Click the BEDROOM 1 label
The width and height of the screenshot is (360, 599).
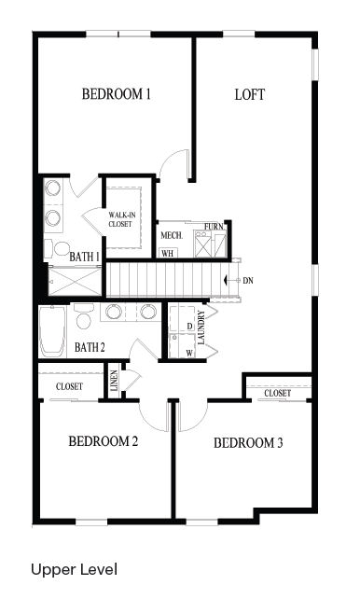(x=116, y=94)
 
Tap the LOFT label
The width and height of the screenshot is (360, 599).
(x=250, y=95)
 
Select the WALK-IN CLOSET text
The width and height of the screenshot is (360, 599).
(x=122, y=219)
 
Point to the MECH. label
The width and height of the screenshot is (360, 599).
(x=172, y=236)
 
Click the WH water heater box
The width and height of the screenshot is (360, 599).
(x=167, y=253)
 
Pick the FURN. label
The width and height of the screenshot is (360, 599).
(x=214, y=227)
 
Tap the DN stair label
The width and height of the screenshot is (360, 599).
(x=248, y=281)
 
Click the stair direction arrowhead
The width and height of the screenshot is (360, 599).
(x=226, y=281)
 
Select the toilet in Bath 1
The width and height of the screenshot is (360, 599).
(x=57, y=249)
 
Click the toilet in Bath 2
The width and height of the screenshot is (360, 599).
(x=83, y=315)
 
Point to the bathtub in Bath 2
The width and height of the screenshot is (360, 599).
(x=52, y=331)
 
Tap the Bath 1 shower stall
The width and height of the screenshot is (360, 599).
(x=76, y=282)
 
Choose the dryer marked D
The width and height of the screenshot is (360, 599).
(x=182, y=318)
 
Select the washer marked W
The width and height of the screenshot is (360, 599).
(x=182, y=346)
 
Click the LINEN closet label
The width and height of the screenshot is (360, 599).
(x=114, y=381)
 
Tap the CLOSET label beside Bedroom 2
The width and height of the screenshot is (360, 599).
(x=69, y=386)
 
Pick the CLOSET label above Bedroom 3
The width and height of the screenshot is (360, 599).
(x=278, y=393)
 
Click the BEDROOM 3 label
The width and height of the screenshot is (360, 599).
(x=248, y=443)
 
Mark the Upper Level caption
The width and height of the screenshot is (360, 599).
(x=74, y=569)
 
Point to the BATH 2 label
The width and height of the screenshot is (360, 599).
(x=90, y=347)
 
